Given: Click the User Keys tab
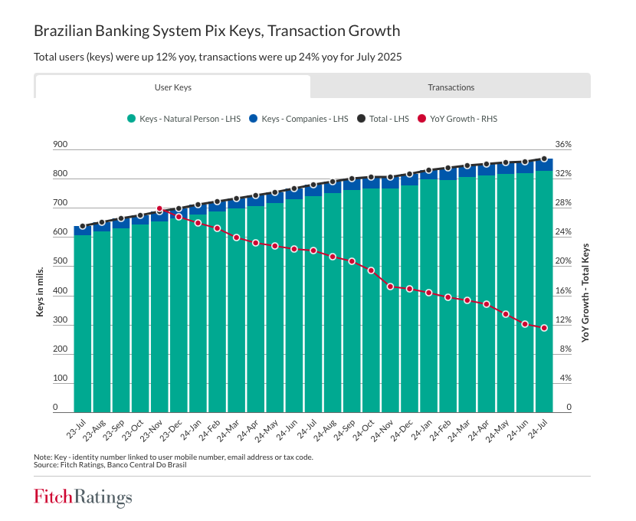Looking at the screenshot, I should coord(172,87).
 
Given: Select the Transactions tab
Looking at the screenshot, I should coord(451,87).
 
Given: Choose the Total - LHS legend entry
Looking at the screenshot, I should coord(388,119).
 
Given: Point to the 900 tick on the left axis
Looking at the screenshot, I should coord(61,145).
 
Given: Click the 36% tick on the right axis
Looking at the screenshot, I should coord(563,145).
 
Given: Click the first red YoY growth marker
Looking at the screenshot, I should coord(159,208).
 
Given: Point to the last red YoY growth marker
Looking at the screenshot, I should coord(544,328).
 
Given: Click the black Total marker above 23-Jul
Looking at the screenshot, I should coord(83,226).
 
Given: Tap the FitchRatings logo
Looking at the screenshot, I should coord(83,497).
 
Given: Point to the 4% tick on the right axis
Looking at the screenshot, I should coord(563,378).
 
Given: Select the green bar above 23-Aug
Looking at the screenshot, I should coord(102,322).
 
